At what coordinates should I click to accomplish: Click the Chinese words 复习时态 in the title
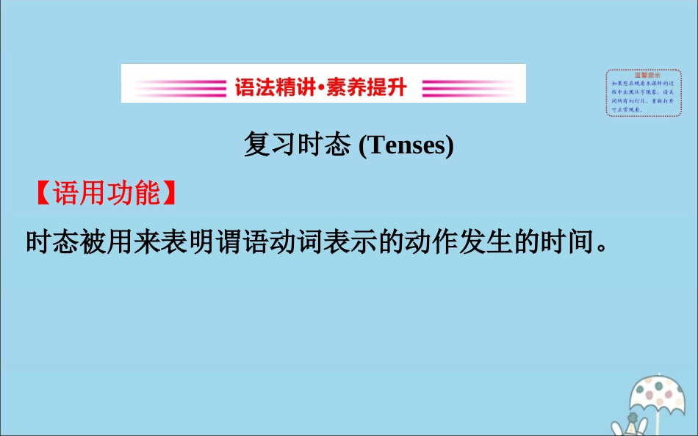(x=297, y=145)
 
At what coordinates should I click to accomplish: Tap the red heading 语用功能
(x=106, y=193)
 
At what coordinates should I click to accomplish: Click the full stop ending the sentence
(x=602, y=248)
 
